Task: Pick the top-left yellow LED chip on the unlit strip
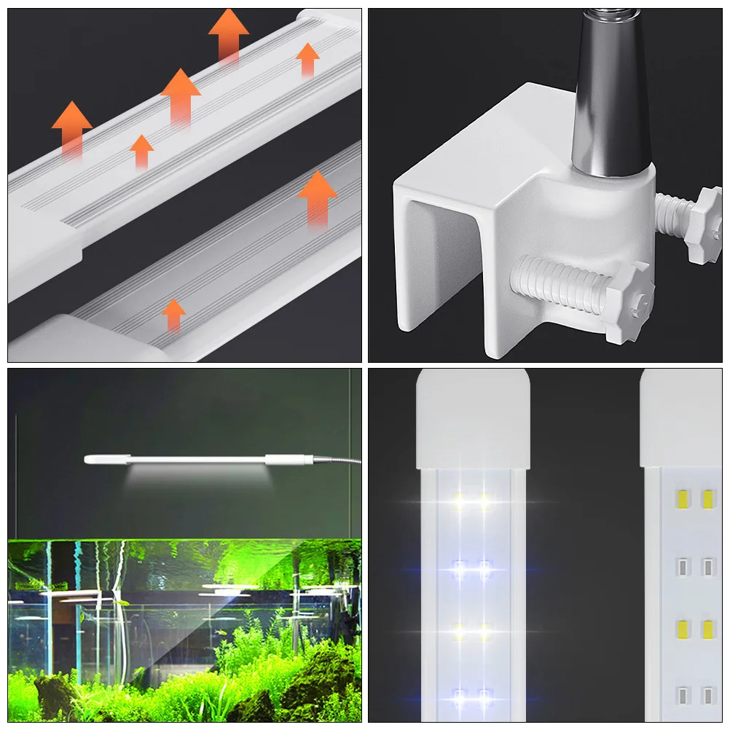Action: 683,499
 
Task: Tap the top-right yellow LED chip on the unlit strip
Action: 707,499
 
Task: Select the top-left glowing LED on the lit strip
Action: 460,501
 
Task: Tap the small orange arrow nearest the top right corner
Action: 307,58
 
